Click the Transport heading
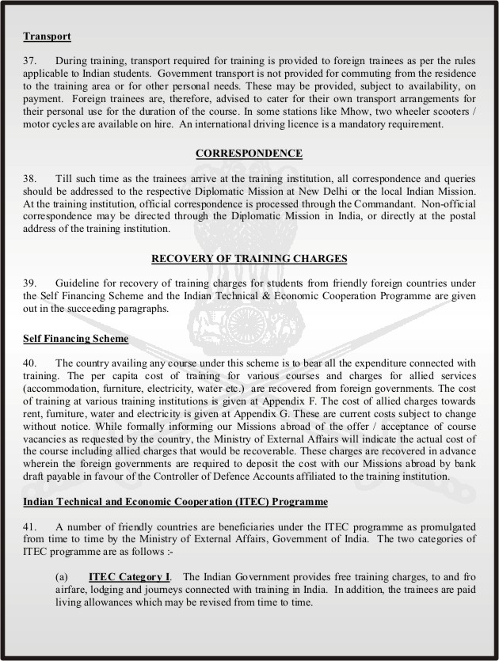pyautogui.click(x=48, y=36)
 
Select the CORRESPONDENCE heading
pyautogui.click(x=249, y=153)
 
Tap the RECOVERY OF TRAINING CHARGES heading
pyautogui.click(x=249, y=257)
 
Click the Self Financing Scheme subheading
pyautogui.click(x=76, y=339)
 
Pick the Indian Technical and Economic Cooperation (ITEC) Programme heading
pyautogui.click(x=175, y=503)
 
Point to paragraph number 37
pyautogui.click(x=31, y=60)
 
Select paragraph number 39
pyautogui.click(x=31, y=283)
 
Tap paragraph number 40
pyautogui.click(x=31, y=363)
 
